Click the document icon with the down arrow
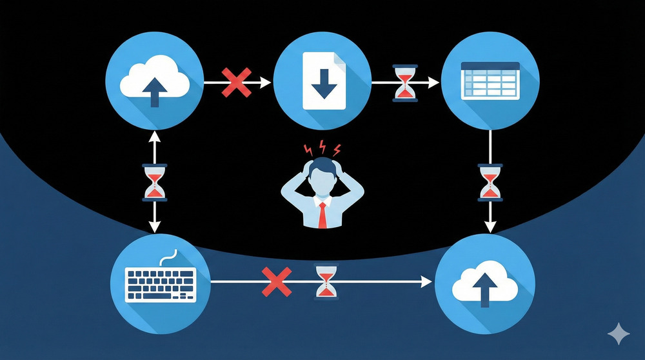click(x=323, y=81)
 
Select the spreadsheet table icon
click(x=491, y=81)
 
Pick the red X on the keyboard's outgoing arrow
click(x=276, y=283)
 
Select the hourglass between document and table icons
click(x=404, y=83)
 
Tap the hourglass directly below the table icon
click(x=490, y=181)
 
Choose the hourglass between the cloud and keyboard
click(x=155, y=181)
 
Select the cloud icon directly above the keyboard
click(x=155, y=81)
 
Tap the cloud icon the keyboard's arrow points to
click(x=484, y=283)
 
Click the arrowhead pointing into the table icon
click(x=435, y=83)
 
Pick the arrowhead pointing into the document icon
click(x=266, y=82)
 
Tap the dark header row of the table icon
click(x=491, y=66)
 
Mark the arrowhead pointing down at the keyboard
click(x=155, y=226)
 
